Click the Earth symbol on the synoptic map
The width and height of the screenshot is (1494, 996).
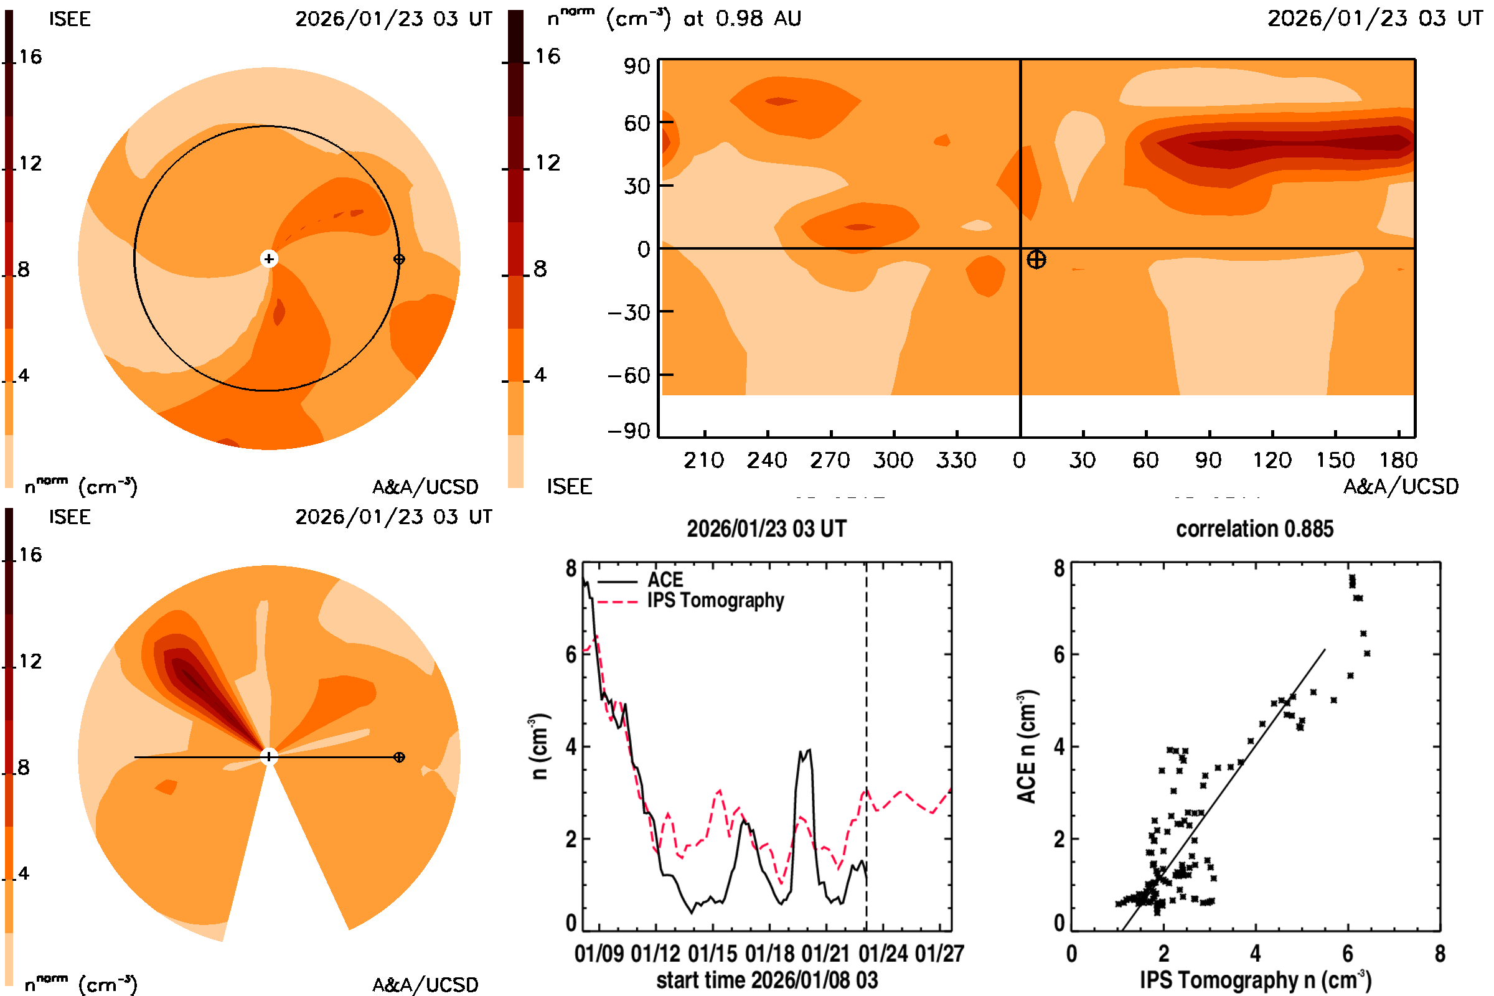click(1036, 259)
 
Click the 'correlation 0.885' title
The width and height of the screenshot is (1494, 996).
click(1254, 529)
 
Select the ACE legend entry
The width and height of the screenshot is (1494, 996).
click(664, 580)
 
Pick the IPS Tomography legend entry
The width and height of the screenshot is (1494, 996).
click(715, 600)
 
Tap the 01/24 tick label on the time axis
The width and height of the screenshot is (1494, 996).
click(883, 954)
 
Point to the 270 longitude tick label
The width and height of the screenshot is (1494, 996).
click(830, 460)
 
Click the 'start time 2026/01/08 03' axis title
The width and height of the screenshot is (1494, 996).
click(767, 980)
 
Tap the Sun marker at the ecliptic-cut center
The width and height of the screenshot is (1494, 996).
click(269, 258)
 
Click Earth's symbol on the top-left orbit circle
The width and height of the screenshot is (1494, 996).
click(399, 259)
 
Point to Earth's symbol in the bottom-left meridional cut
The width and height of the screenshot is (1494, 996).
click(399, 757)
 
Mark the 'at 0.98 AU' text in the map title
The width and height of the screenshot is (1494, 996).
click(742, 19)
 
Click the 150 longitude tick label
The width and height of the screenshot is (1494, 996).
click(1335, 460)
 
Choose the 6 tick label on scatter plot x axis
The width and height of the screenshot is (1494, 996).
click(1347, 954)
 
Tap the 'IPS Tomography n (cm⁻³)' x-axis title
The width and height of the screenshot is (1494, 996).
click(1255, 980)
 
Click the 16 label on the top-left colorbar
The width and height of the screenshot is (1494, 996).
click(30, 57)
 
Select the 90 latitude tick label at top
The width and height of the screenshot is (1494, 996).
click(636, 66)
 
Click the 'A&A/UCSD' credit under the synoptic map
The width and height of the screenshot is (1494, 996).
click(1401, 487)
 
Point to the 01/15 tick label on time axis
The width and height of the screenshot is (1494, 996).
click(712, 954)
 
